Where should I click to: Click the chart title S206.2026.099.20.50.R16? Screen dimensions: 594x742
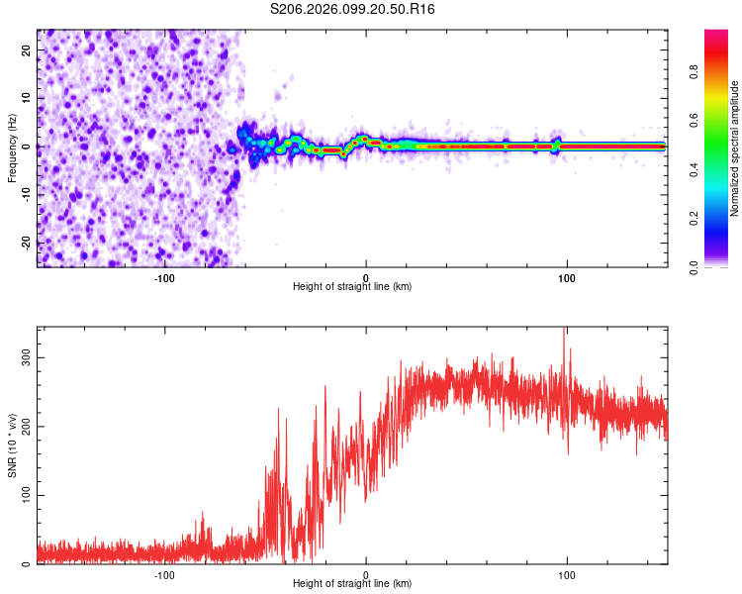click(x=353, y=9)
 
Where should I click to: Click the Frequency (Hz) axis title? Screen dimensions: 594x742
click(x=11, y=148)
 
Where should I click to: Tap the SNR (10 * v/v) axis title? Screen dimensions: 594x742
click(x=11, y=445)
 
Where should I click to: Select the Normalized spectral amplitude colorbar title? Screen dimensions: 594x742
click(x=734, y=148)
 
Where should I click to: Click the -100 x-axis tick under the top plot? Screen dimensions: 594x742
click(x=164, y=278)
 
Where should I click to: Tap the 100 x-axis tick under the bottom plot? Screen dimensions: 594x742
click(x=567, y=575)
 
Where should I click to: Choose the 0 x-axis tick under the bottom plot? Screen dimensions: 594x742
click(x=366, y=575)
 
